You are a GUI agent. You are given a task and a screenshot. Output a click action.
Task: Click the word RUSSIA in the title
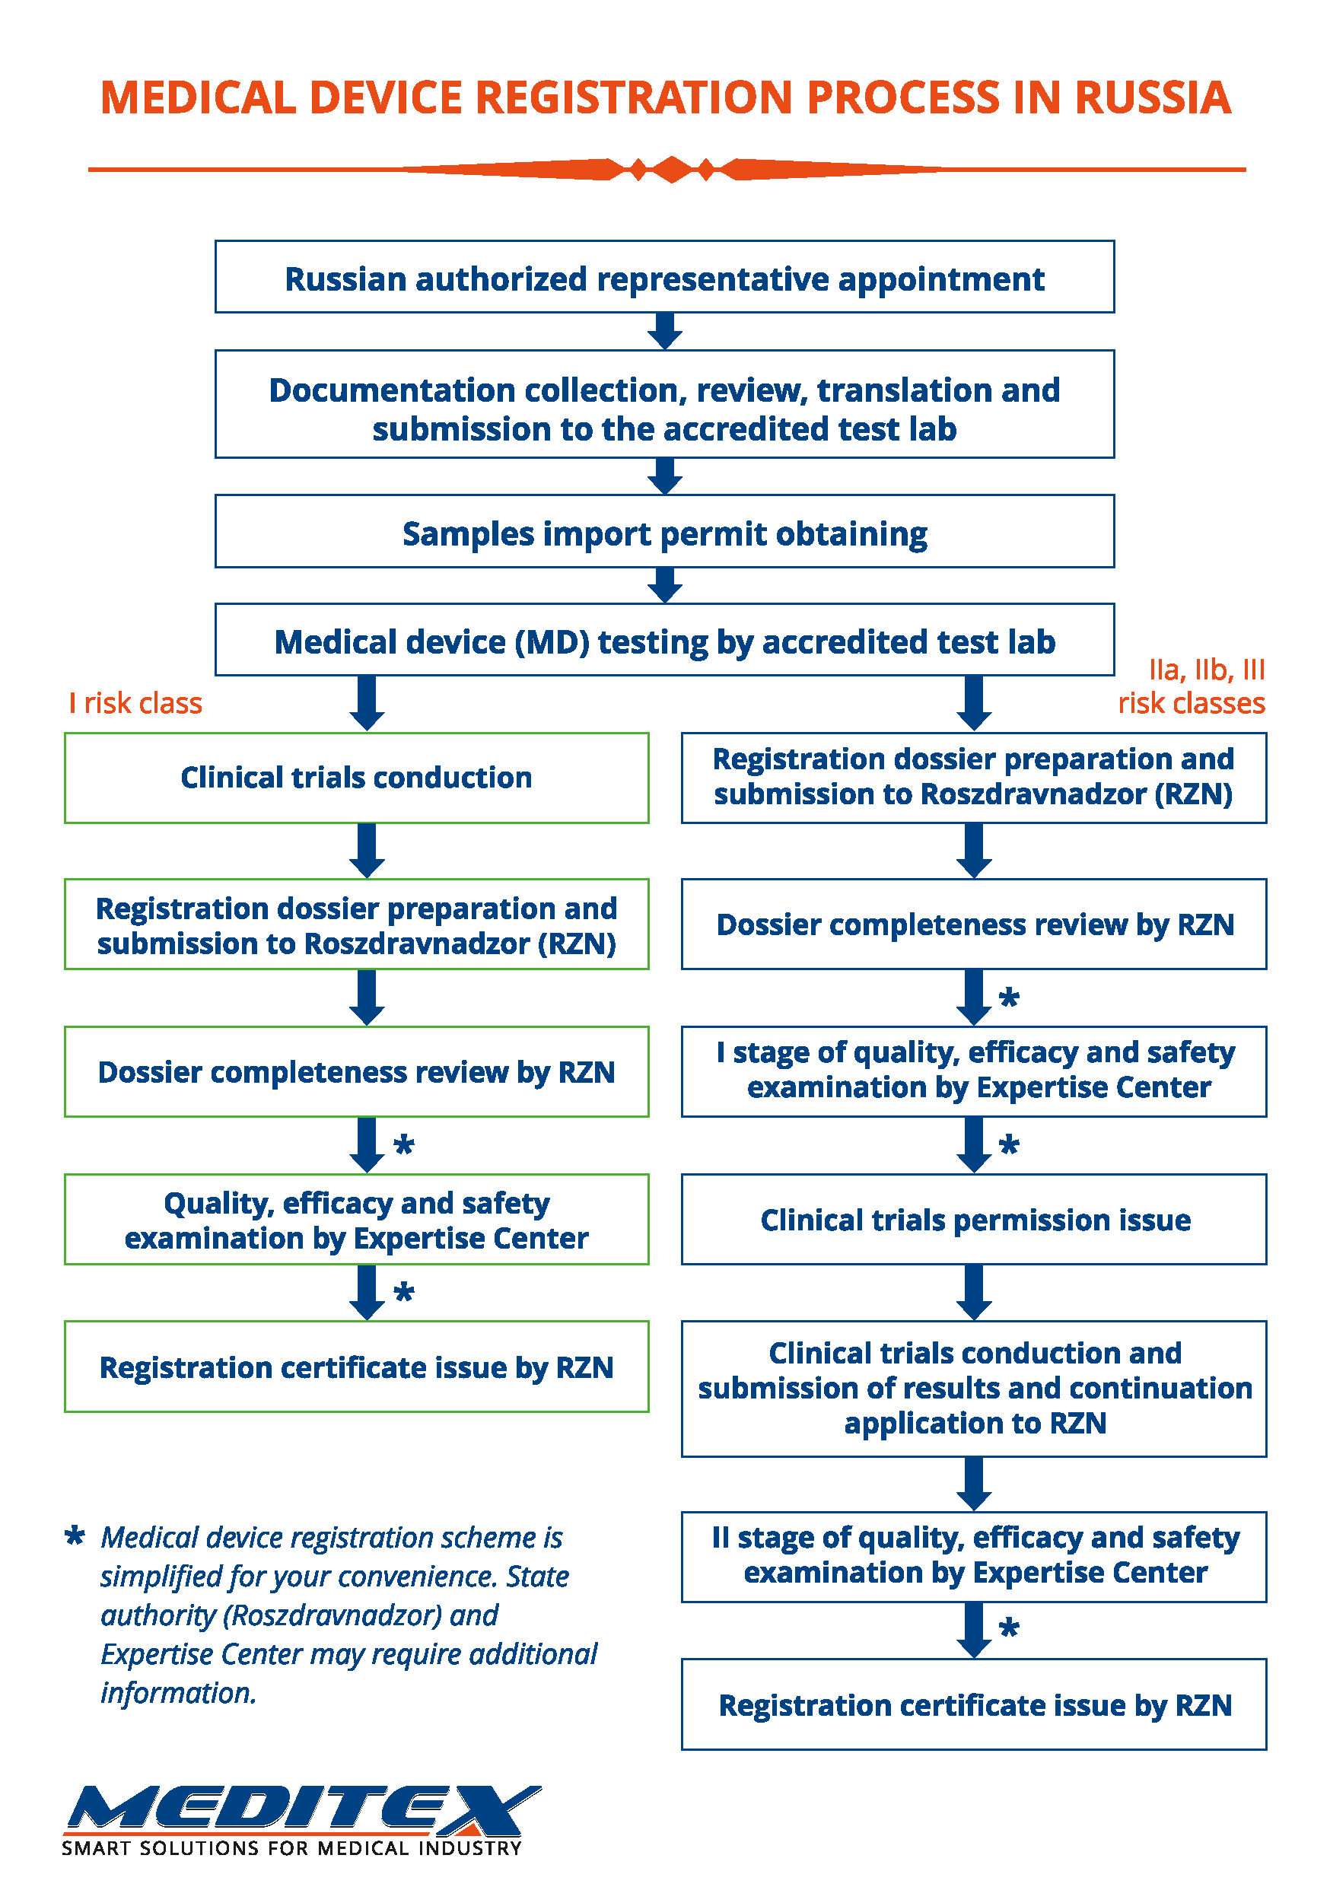click(1152, 98)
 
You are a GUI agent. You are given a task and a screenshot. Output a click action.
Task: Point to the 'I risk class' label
click(135, 703)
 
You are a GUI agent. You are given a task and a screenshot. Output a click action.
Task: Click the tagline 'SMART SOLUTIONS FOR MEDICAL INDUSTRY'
click(292, 1848)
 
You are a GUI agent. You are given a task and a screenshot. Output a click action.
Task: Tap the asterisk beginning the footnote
click(75, 1535)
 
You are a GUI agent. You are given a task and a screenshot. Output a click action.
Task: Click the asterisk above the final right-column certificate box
click(1009, 1628)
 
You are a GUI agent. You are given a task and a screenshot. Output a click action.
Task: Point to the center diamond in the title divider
click(673, 170)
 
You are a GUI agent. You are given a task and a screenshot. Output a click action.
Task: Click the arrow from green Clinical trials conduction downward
click(367, 851)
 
